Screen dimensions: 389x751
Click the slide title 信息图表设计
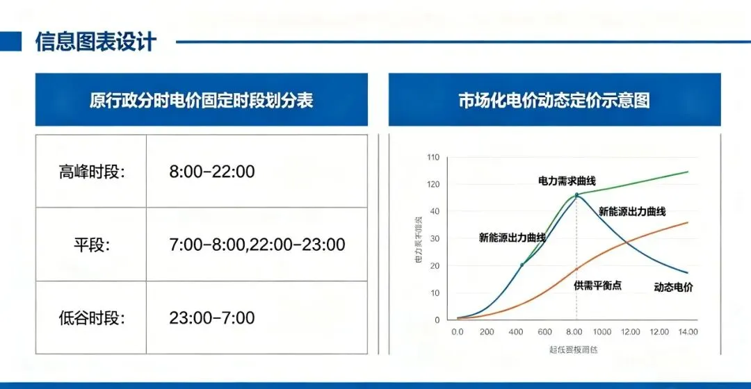[95, 42]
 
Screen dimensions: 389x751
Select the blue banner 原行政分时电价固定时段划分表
[202, 100]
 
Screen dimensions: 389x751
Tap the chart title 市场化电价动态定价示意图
[554, 100]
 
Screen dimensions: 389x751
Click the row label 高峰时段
[92, 171]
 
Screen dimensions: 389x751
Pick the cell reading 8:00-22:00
[212, 171]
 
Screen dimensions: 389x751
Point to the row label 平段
[92, 245]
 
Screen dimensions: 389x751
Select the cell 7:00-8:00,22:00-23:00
[257, 245]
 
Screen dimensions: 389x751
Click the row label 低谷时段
[92, 318]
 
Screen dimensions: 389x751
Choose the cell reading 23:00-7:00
[212, 318]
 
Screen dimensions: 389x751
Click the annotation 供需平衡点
[597, 285]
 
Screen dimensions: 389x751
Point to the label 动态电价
[673, 287]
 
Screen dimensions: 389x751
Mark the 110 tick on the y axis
[433, 157]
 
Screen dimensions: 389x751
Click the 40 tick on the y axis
[435, 211]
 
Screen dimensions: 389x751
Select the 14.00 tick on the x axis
[687, 332]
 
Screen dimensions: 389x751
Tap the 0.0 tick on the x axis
[457, 332]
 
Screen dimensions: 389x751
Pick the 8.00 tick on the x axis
[574, 332]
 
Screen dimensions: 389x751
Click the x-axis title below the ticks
[574, 349]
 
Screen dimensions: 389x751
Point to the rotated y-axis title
[419, 239]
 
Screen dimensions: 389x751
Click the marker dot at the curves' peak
[576, 195]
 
